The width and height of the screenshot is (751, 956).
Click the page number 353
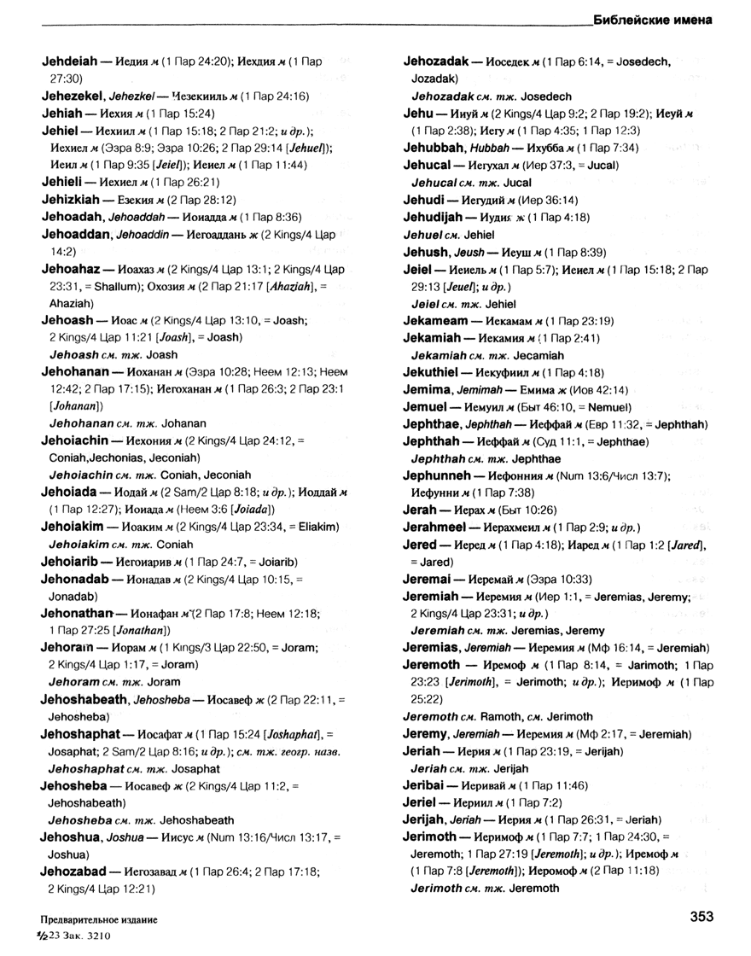702,918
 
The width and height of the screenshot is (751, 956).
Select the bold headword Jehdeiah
73,62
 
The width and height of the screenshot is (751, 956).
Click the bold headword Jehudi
424,200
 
